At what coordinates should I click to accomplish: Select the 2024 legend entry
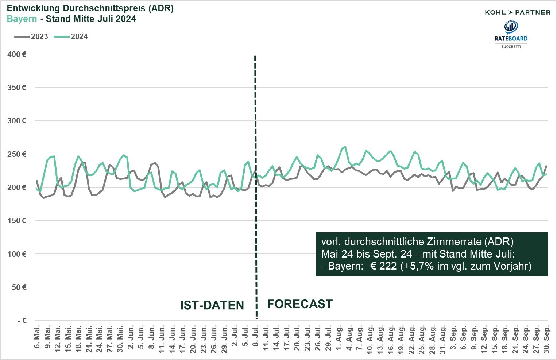click(71, 36)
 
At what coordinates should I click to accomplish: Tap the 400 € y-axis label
click(17, 54)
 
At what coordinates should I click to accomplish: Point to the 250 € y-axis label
click(17, 154)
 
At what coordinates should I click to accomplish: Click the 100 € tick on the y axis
click(17, 254)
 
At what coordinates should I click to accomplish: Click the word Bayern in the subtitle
click(22, 19)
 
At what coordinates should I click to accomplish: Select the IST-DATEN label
click(212, 305)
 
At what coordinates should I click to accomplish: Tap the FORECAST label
click(300, 304)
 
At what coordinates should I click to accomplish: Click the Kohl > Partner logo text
click(517, 12)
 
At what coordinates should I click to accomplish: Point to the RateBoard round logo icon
click(511, 26)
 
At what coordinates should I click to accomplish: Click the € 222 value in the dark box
click(383, 266)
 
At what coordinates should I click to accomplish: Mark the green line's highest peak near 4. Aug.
click(345, 147)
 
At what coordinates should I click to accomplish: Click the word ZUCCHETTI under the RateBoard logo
click(511, 47)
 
